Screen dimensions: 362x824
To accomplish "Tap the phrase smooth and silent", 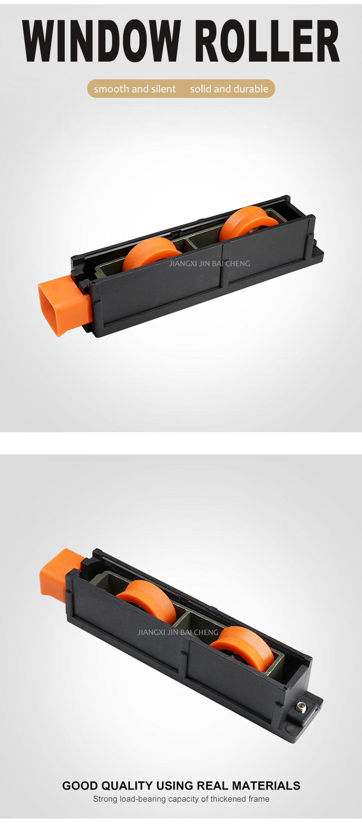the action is tap(135, 89).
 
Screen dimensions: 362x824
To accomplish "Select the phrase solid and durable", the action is tap(229, 89).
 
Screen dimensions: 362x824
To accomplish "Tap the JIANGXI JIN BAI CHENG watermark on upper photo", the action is tap(210, 264).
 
